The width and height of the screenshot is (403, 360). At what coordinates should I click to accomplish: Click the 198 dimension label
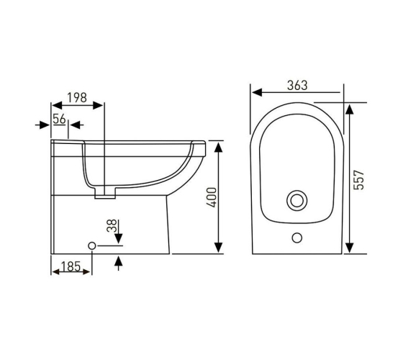pyautogui.click(x=77, y=98)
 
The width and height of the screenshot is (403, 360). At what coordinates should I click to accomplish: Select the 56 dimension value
pyautogui.click(x=59, y=119)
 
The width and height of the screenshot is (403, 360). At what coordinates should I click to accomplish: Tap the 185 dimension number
pyautogui.click(x=71, y=266)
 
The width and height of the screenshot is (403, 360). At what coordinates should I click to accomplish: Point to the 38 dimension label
pyautogui.click(x=112, y=226)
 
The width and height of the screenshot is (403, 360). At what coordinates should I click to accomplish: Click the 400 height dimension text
pyautogui.click(x=212, y=197)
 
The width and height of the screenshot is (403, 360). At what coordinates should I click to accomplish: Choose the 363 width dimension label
pyautogui.click(x=297, y=86)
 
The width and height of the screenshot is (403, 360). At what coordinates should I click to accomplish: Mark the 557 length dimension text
pyautogui.click(x=359, y=180)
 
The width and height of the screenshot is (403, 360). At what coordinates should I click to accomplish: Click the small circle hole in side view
pyautogui.click(x=92, y=246)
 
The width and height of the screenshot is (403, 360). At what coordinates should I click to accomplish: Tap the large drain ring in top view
pyautogui.click(x=297, y=200)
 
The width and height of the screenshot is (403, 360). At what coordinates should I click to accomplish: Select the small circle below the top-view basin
pyautogui.click(x=297, y=238)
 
